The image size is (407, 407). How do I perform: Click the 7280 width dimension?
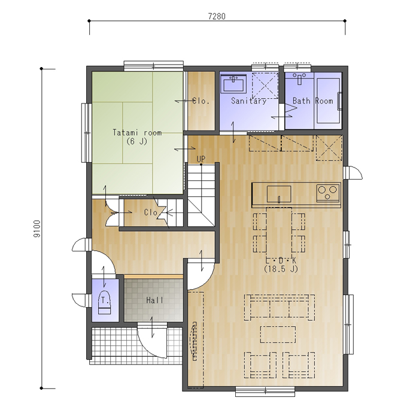(x=217, y=16)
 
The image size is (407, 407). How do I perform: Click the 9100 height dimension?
(x=37, y=229)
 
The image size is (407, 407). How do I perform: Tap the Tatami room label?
(x=137, y=133)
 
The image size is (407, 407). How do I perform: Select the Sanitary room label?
(x=248, y=101)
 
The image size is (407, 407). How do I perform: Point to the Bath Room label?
(x=313, y=101)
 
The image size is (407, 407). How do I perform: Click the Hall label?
(x=154, y=300)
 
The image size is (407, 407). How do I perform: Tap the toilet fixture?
(x=104, y=302)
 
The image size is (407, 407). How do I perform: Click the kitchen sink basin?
(x=279, y=194)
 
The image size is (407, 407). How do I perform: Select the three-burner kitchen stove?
(x=328, y=193)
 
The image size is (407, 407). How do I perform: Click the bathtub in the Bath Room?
(x=328, y=101)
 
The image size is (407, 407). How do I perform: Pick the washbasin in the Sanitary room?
(x=233, y=84)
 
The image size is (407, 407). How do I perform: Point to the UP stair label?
(x=201, y=159)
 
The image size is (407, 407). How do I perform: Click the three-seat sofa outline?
(x=280, y=307)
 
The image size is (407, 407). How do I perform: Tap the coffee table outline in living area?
(x=278, y=335)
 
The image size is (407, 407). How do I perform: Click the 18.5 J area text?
(x=281, y=269)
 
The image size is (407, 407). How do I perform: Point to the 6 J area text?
(x=137, y=141)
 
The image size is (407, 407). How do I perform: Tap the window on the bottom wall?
(x=265, y=391)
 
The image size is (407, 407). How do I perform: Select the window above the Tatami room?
(x=153, y=66)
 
